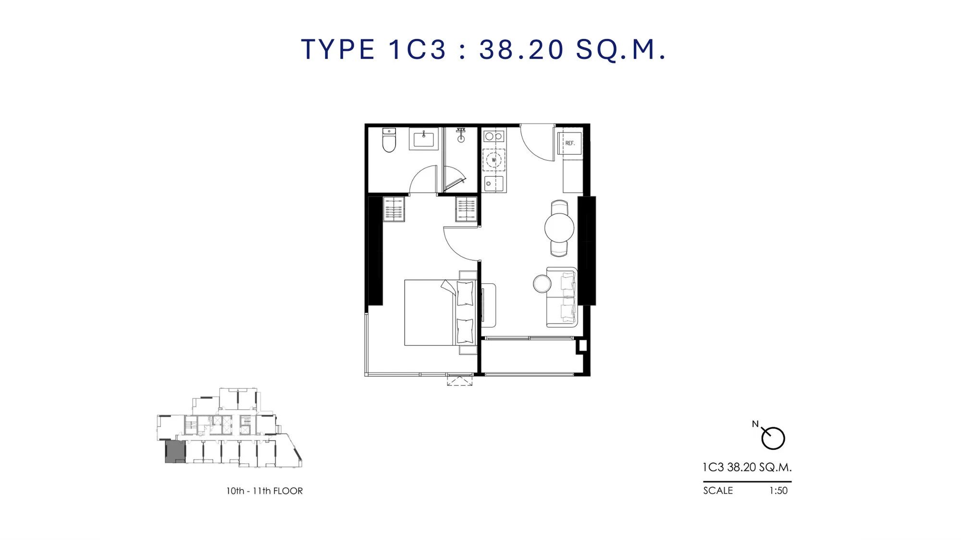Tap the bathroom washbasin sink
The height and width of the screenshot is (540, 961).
[x=423, y=139]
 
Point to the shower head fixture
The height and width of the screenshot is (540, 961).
[x=461, y=135]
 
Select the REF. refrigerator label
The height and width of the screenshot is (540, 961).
[x=569, y=143]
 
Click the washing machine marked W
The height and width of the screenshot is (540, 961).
[x=493, y=160]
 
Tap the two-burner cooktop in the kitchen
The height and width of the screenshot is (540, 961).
[x=493, y=136]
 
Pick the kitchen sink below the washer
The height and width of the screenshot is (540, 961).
[x=493, y=184]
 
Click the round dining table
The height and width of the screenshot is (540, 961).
[x=559, y=228]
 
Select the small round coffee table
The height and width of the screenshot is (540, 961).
[x=542, y=284]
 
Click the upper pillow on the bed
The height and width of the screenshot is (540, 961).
[x=465, y=293]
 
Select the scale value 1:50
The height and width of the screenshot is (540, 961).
[x=778, y=491]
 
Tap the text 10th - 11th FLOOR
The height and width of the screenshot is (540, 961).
[x=264, y=491]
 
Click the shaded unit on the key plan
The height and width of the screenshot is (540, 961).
[x=175, y=452]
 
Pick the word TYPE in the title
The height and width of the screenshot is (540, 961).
[x=338, y=49]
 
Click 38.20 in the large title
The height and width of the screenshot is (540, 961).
[x=522, y=49]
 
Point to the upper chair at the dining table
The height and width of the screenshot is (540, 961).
[x=559, y=207]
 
